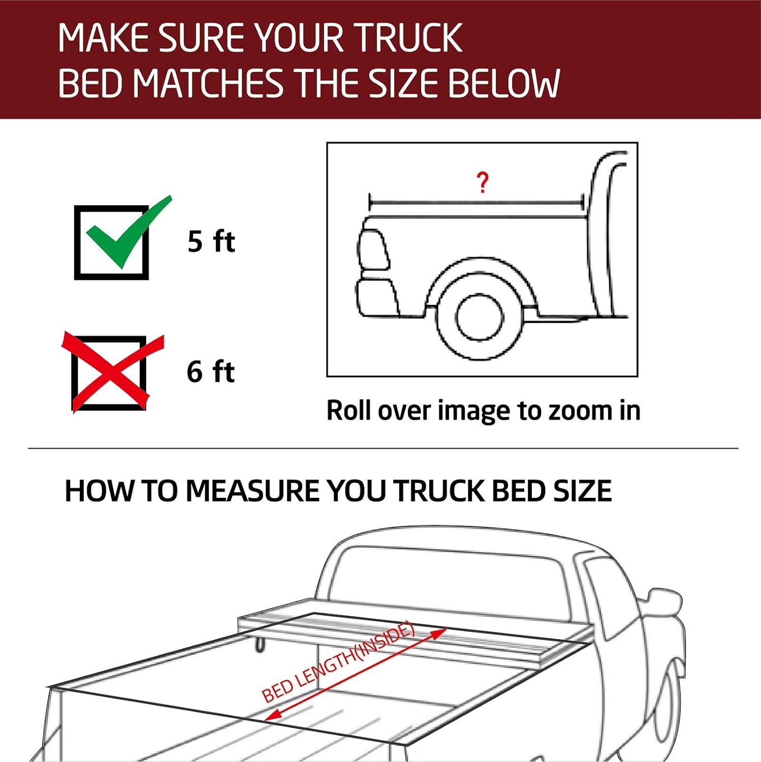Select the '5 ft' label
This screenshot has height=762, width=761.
click(x=211, y=241)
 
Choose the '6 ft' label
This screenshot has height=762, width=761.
click(x=210, y=372)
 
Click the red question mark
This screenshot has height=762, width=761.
click(x=482, y=182)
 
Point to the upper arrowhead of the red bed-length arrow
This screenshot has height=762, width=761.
click(x=439, y=633)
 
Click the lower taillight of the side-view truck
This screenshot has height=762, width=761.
click(x=377, y=297)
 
